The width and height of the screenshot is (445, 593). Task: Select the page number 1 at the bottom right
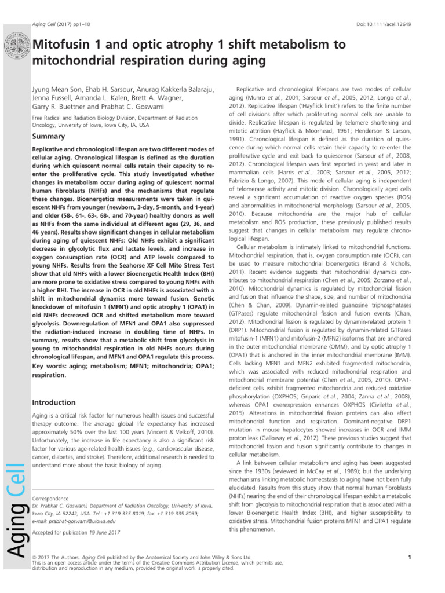[x=409, y=558]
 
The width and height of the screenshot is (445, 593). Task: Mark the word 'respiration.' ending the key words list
[x=49, y=375]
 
